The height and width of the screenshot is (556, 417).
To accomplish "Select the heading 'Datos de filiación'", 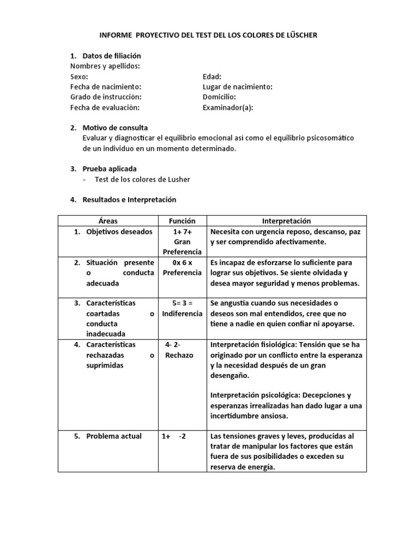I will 111,56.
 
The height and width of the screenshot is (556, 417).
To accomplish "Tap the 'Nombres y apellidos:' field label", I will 105,66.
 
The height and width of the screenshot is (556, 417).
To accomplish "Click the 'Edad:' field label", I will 212,77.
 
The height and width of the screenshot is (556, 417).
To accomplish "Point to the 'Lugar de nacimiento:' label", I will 237,87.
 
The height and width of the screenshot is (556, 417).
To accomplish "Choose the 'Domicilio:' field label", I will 219,97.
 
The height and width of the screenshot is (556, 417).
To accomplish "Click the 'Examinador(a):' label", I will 228,108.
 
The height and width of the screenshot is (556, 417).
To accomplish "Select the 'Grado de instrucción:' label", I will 106,97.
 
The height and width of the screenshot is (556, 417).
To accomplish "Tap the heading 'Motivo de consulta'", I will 115,128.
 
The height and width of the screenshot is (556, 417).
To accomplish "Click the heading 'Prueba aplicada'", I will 110,169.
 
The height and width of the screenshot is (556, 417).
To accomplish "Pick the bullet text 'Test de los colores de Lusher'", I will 143,179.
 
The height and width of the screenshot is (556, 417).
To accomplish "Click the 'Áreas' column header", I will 108,221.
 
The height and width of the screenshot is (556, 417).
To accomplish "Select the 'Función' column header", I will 182,221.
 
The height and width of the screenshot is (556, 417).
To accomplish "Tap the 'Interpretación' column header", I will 287,221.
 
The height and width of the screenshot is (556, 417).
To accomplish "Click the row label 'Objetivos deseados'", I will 119,232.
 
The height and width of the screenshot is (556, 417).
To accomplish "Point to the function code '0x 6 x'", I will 182,262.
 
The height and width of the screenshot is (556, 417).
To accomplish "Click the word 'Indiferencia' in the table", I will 182,314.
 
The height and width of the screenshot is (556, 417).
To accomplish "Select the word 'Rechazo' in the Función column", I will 180,355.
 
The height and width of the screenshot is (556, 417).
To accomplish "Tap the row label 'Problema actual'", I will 114,436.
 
